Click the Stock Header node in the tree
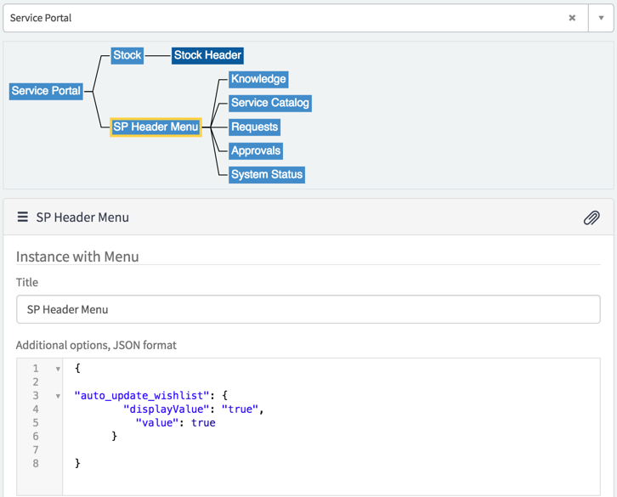coord(207,55)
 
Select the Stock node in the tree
coord(127,55)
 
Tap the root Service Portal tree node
coord(46,91)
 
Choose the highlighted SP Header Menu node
coord(156,127)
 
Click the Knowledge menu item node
coord(258,79)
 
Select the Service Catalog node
coord(270,103)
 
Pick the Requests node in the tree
coord(255,127)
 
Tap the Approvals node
coord(256,150)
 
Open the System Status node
coord(267,175)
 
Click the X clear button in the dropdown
coord(572,18)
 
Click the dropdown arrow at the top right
coord(601,18)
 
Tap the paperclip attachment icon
coord(592,217)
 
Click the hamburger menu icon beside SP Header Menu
coord(22,217)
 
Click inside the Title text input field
coord(308,309)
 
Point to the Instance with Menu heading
coord(77,257)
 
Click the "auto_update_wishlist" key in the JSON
coord(142,395)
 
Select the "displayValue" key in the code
coord(166,409)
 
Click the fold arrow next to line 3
coord(58,396)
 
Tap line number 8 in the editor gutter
coord(36,464)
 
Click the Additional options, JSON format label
coord(96,345)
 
